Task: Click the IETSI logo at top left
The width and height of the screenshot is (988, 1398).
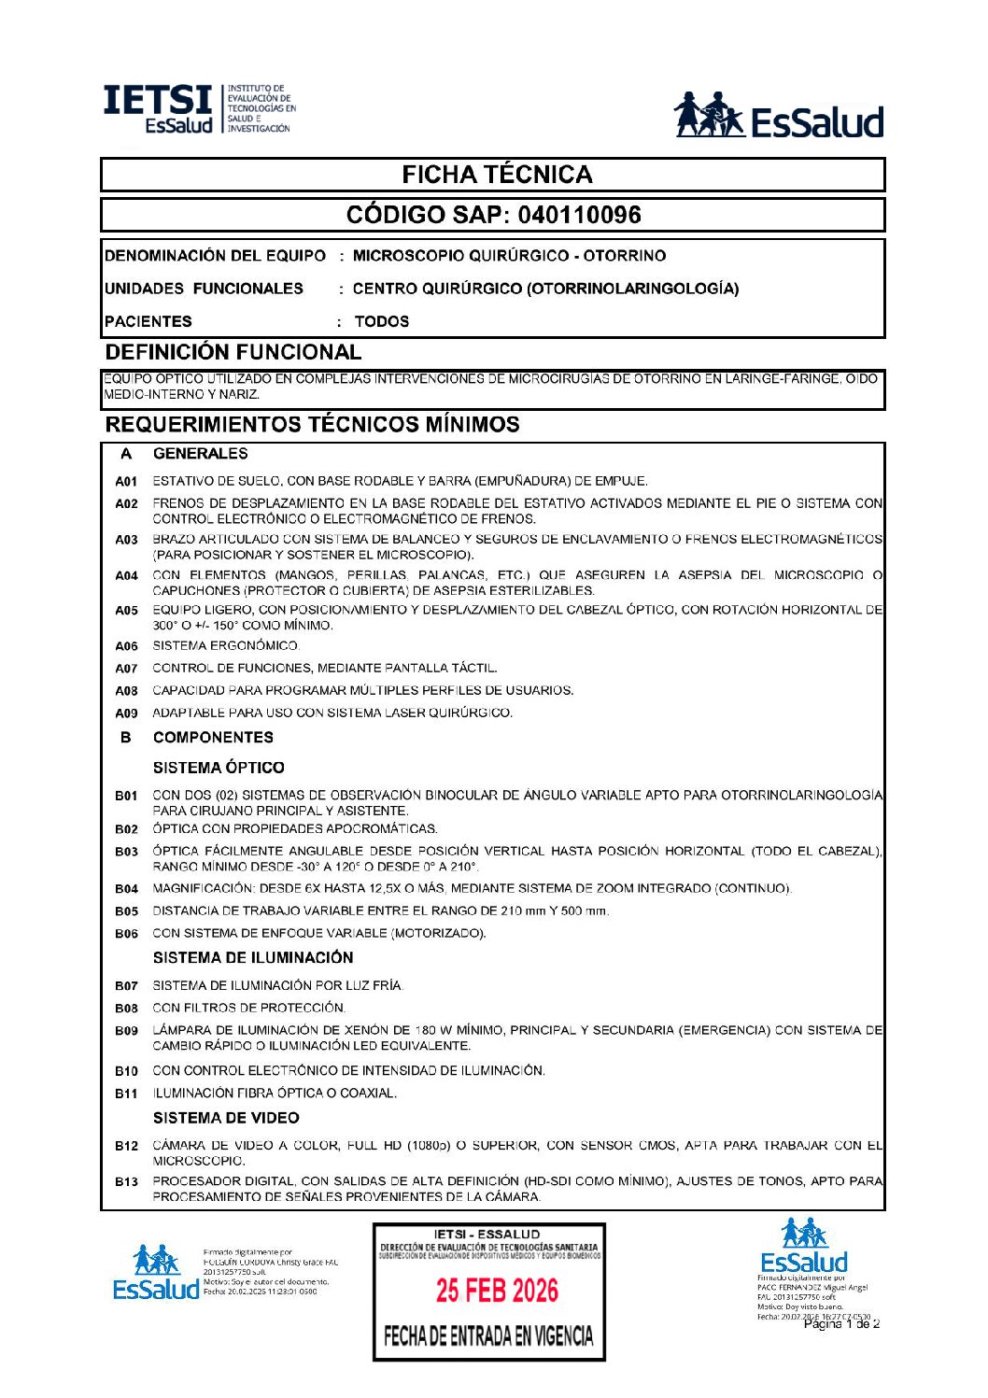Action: [x=198, y=109]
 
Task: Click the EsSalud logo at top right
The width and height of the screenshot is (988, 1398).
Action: [x=779, y=116]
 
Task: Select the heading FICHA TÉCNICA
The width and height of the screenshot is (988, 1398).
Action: [x=497, y=175]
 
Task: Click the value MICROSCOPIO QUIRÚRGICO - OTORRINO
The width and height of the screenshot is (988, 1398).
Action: [x=509, y=256]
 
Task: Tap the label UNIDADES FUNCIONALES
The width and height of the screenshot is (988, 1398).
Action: [x=204, y=289]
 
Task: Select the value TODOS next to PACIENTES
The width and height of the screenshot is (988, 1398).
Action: [x=381, y=321]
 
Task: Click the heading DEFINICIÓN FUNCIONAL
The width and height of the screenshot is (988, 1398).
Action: [x=233, y=352]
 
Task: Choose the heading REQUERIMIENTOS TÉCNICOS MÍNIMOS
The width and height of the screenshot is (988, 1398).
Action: [x=312, y=424]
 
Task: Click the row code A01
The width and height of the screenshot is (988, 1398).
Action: [x=126, y=482]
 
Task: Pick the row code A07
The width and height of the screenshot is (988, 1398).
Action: [x=126, y=669]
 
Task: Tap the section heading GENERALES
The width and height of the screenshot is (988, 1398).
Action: [x=200, y=454]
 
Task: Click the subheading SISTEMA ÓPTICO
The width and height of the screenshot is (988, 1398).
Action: [x=219, y=768]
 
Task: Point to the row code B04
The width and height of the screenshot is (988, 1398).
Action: [x=126, y=889]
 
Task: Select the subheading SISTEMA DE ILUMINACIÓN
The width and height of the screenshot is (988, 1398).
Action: [x=253, y=957]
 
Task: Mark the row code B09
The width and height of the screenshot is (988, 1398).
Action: [x=126, y=1031]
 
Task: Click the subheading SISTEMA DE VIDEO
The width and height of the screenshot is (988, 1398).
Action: [x=226, y=1118]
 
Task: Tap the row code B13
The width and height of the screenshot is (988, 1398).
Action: [x=126, y=1182]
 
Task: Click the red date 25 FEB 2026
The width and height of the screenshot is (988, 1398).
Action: [x=497, y=1291]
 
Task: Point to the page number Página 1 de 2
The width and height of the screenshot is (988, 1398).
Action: [x=841, y=1323]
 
